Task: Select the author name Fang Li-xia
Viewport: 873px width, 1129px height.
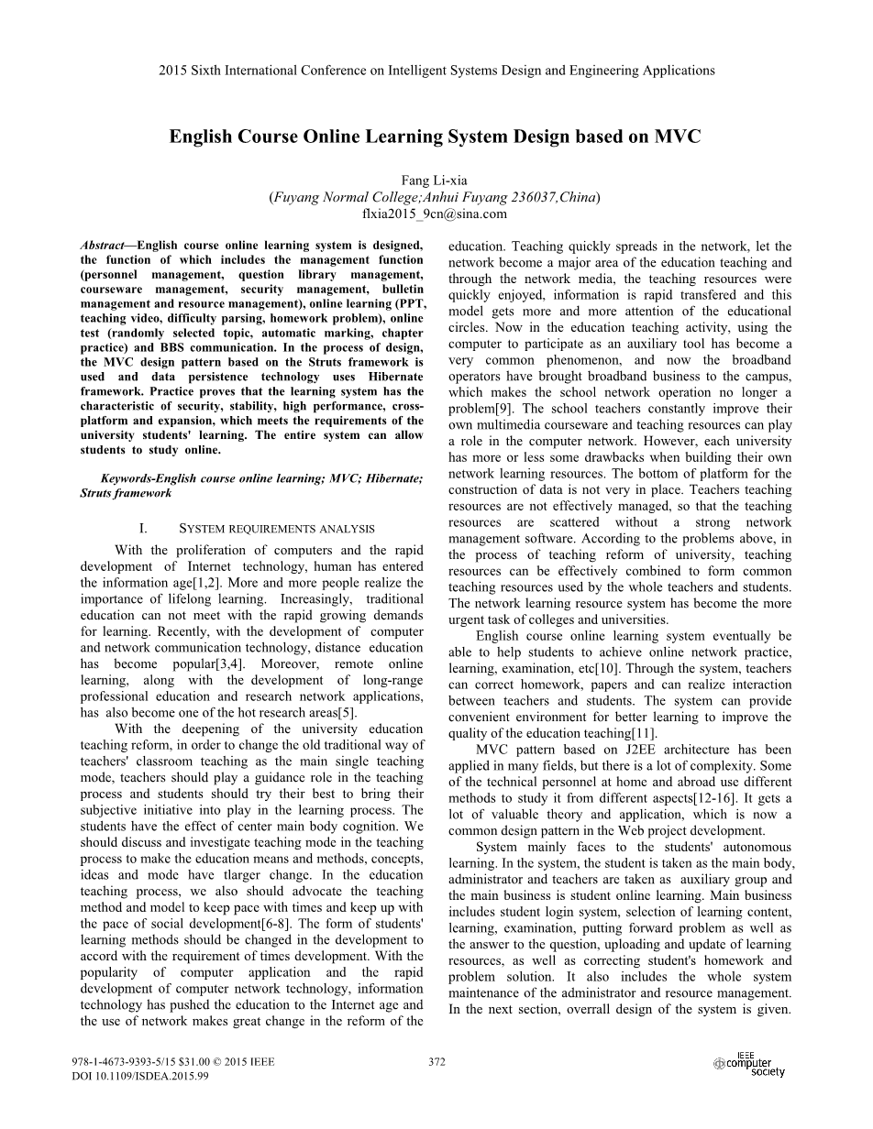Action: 435,181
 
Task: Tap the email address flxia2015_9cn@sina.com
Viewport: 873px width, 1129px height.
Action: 435,214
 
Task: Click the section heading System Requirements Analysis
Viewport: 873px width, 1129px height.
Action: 276,528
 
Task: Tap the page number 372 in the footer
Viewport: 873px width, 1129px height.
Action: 436,1062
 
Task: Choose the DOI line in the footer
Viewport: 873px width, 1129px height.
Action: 140,1076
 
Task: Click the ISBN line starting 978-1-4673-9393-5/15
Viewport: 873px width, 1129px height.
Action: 173,1062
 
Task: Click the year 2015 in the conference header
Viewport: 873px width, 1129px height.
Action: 172,70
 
